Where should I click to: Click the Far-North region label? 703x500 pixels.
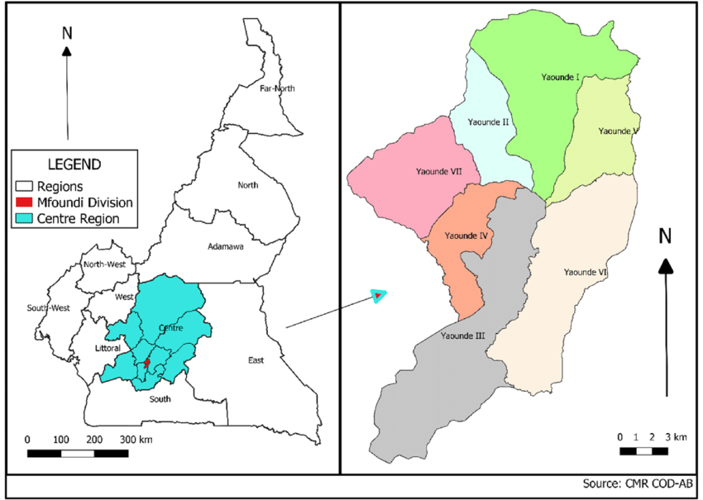(277, 88)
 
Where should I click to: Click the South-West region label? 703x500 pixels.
(47, 307)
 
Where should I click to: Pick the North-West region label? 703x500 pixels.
(105, 264)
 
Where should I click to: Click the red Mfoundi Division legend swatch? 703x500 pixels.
(22, 202)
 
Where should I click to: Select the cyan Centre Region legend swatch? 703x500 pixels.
(22, 218)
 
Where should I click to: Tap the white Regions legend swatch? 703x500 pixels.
(22, 187)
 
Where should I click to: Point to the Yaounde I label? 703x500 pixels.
(558, 77)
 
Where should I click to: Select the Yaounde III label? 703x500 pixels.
(462, 336)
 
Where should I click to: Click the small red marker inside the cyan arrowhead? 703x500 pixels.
(377, 294)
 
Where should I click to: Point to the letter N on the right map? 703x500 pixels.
(665, 236)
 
